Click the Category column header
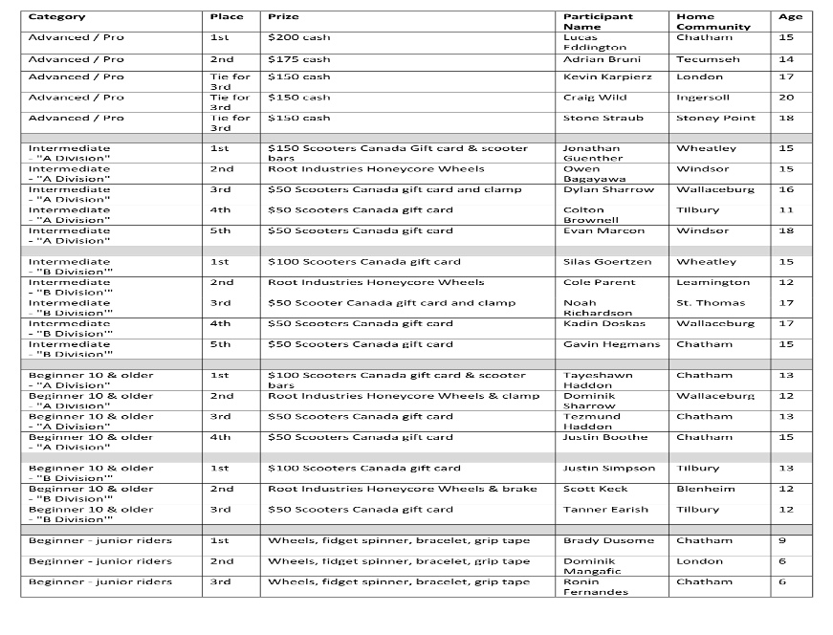(x=56, y=17)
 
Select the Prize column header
(x=282, y=17)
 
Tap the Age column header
(x=790, y=17)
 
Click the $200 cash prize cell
(x=298, y=37)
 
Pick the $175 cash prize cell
(x=298, y=59)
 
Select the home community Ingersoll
(x=702, y=98)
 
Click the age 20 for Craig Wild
(x=786, y=98)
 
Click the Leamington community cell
(x=712, y=283)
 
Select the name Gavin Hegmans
(x=611, y=344)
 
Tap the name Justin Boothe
(x=604, y=438)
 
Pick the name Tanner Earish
(x=605, y=510)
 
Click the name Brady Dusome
(x=602, y=541)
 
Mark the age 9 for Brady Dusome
(x=782, y=541)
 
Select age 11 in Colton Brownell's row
(x=786, y=210)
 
